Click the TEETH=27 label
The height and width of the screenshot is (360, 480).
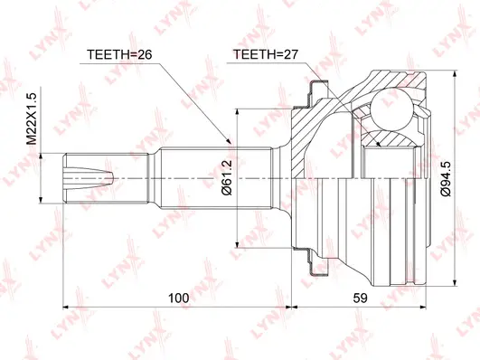point(266,53)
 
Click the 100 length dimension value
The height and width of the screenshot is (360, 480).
point(179,298)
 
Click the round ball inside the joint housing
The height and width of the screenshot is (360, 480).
point(395,109)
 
